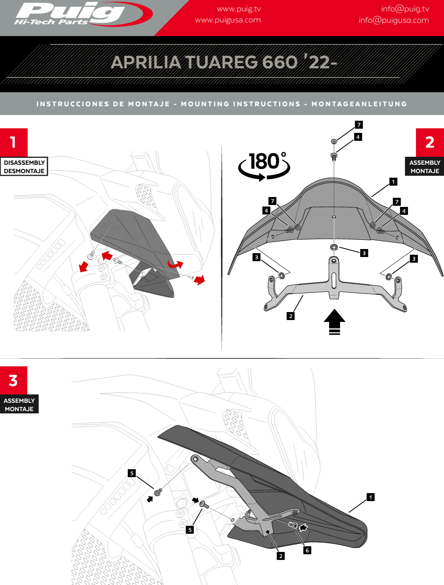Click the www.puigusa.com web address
click(228, 20)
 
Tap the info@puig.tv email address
click(405, 9)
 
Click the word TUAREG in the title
click(220, 62)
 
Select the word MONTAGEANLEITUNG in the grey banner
click(359, 104)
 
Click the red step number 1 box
click(14, 142)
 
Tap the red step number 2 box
click(430, 142)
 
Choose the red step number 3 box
click(14, 380)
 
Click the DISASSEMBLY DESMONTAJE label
click(24, 167)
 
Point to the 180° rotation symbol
click(265, 166)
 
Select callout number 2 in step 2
click(291, 316)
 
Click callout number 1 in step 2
click(393, 182)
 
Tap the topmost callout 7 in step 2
click(359, 125)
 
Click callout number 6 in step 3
click(307, 550)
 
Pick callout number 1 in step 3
click(371, 497)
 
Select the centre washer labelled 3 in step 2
click(334, 248)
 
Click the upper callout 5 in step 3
click(132, 473)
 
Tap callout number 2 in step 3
click(281, 556)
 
